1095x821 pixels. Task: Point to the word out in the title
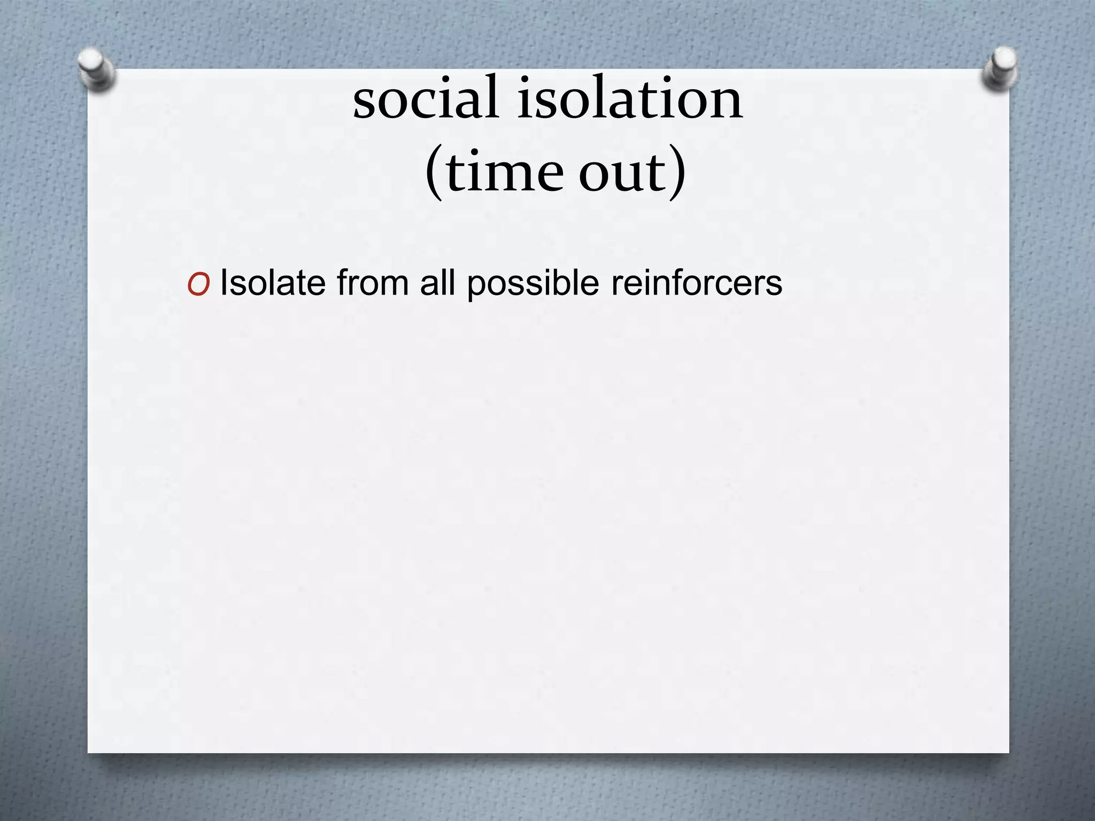point(621,173)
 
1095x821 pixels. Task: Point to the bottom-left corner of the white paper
point(89,752)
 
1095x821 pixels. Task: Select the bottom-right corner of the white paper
point(1008,752)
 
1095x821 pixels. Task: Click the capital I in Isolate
point(224,283)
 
